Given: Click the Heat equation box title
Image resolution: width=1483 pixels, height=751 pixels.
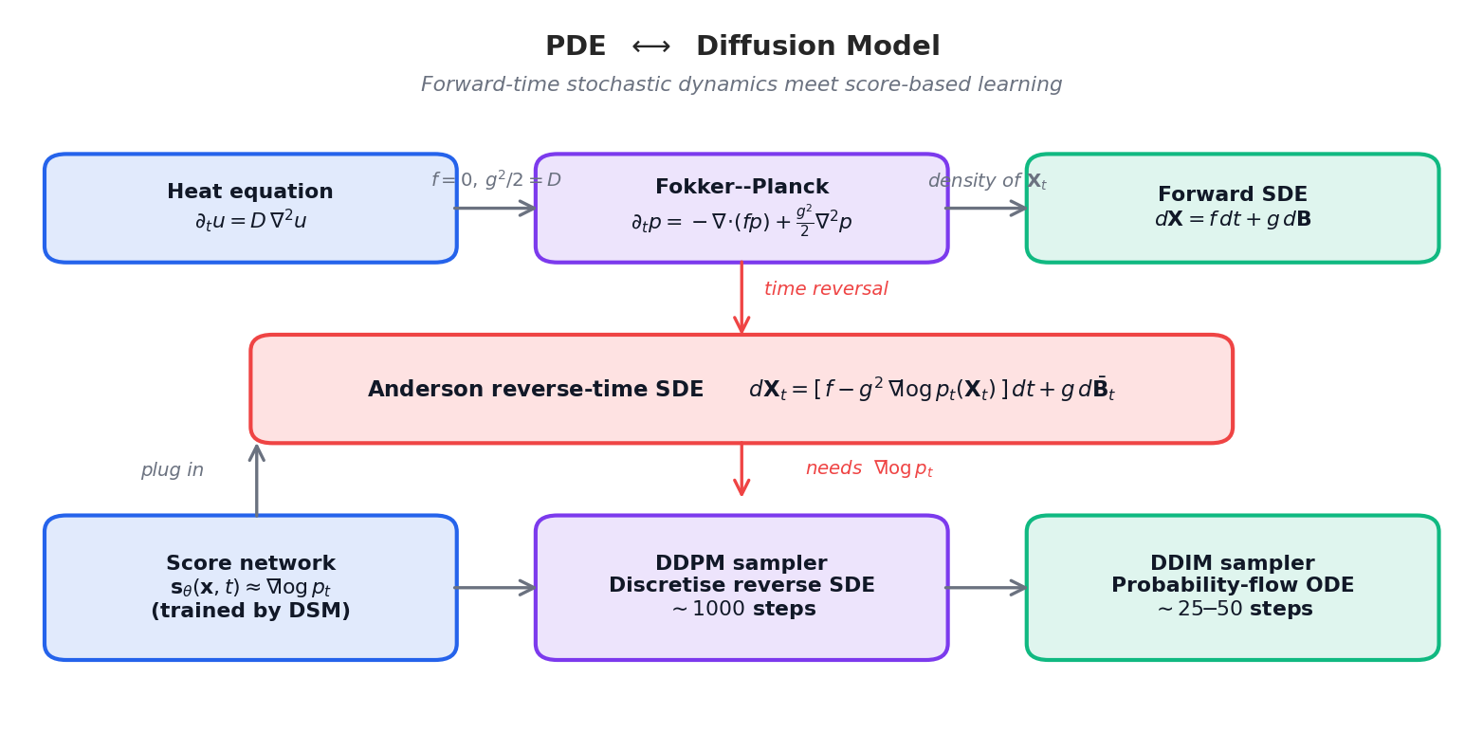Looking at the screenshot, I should click(x=250, y=192).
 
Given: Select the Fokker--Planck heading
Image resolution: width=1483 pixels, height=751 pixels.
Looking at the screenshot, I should click(x=741, y=188).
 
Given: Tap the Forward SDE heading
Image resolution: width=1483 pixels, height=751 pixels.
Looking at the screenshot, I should click(x=1232, y=195).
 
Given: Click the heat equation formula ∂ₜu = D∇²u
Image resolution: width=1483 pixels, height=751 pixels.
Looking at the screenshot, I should click(x=250, y=221).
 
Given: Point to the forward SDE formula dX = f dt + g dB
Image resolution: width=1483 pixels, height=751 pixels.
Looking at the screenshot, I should click(x=1232, y=220).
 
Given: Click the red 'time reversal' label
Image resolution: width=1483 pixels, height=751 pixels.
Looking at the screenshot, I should click(x=826, y=289).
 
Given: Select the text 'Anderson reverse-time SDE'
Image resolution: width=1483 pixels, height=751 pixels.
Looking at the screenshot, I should click(x=535, y=390).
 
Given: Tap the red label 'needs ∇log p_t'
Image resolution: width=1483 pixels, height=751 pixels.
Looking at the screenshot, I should click(x=869, y=469).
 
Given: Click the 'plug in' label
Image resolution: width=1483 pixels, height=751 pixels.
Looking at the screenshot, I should click(x=172, y=470).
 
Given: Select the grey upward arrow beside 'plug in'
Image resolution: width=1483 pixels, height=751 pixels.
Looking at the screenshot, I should click(x=256, y=480).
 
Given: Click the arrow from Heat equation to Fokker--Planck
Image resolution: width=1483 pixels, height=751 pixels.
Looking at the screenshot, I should click(x=495, y=208).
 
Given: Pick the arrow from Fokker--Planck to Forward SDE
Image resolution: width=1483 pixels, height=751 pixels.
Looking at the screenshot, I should click(x=986, y=208).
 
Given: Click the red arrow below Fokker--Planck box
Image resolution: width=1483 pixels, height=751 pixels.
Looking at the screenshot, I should click(x=741, y=298).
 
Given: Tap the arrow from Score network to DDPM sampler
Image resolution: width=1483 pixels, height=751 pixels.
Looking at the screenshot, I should click(x=495, y=588).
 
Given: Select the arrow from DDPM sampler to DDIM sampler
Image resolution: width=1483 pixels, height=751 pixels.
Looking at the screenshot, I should click(x=986, y=588).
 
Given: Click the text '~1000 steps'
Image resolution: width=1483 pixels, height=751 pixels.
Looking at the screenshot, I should click(x=742, y=610).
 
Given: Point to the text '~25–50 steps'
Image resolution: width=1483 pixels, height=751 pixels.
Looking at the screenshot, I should click(x=1234, y=610).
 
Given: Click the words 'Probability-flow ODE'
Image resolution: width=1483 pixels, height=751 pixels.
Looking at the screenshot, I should click(x=1232, y=586).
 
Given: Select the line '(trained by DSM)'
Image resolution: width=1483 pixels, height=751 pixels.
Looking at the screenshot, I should click(x=250, y=612).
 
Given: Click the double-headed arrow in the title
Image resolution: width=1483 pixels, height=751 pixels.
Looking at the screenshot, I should click(x=650, y=47).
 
